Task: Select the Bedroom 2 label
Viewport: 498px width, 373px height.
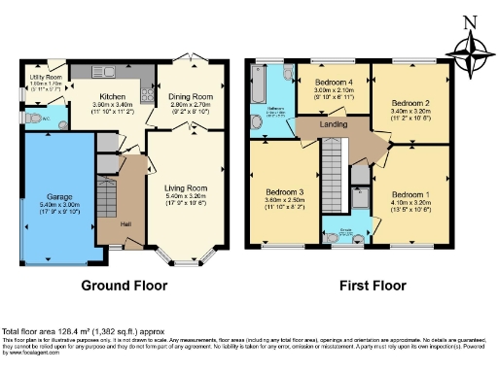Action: click(409, 102)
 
